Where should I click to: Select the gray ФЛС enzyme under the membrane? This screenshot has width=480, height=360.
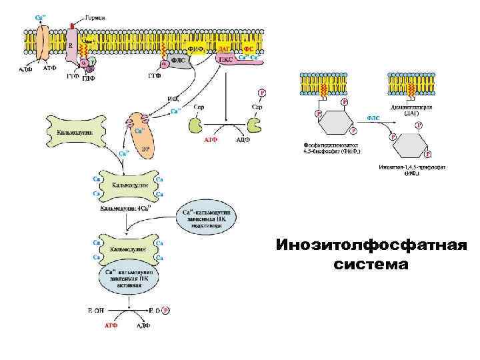click(179, 60)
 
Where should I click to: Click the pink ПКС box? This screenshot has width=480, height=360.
click(227, 59)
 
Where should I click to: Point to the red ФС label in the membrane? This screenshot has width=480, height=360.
click(248, 48)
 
